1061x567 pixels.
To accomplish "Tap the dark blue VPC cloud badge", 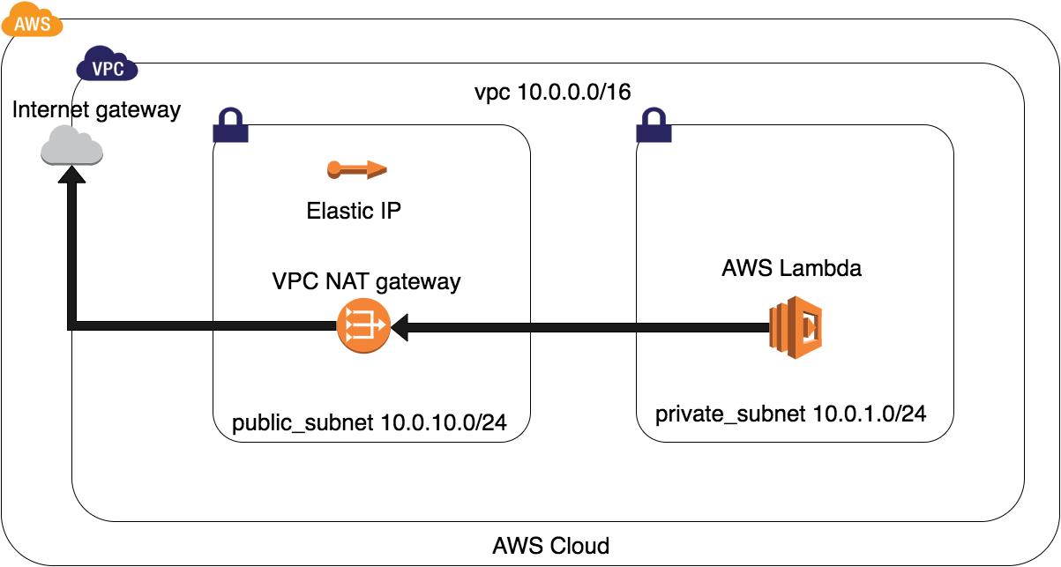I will pyautogui.click(x=108, y=65).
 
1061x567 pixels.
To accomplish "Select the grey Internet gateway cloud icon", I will pyautogui.click(x=71, y=145).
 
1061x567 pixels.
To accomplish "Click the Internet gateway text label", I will pyautogui.click(x=97, y=109).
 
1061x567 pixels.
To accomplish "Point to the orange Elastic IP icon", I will pyautogui.click(x=356, y=168).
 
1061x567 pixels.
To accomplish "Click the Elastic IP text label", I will pyautogui.click(x=354, y=212).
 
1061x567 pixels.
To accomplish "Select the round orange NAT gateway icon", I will pyautogui.click(x=362, y=326).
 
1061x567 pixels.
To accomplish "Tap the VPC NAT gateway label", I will pyautogui.click(x=366, y=282).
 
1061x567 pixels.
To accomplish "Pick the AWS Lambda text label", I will pyautogui.click(x=791, y=269).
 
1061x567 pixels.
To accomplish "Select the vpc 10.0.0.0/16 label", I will pyautogui.click(x=552, y=93).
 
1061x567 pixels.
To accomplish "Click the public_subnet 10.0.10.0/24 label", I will pyautogui.click(x=369, y=423).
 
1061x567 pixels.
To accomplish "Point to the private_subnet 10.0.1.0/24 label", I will pyautogui.click(x=790, y=413).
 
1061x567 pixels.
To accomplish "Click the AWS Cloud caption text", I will pyautogui.click(x=550, y=545).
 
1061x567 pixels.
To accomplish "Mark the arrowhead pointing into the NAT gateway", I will pyautogui.click(x=400, y=327).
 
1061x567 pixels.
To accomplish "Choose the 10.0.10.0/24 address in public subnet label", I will pyautogui.click(x=444, y=423).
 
